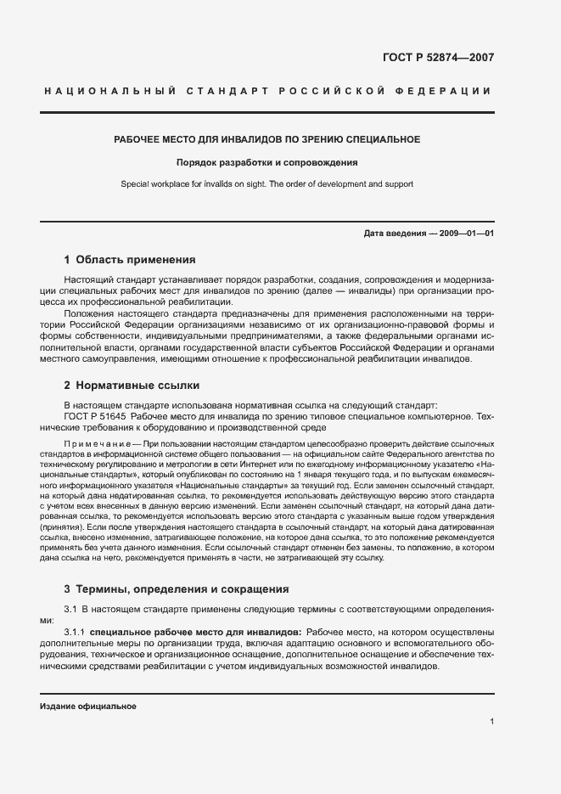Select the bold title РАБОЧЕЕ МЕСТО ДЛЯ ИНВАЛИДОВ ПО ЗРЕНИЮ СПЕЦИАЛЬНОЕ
267,138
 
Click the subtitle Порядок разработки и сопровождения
266,161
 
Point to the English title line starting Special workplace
266,183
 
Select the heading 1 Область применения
130,260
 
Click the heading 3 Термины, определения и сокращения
177,588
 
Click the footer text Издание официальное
87,707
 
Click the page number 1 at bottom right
491,722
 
